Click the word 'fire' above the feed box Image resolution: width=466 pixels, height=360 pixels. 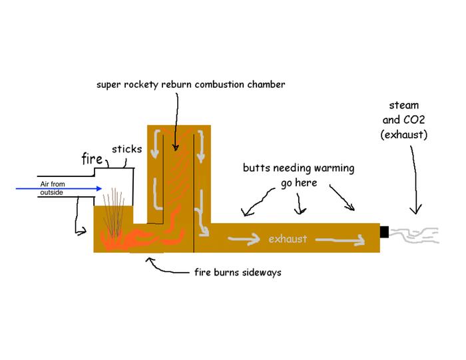point(92,159)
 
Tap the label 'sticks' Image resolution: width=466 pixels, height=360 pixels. point(126,149)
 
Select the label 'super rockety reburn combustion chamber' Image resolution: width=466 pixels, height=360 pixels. point(190,85)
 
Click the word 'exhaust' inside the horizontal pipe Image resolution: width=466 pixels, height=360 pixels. point(288,238)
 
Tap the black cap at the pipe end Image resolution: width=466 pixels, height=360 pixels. point(383,232)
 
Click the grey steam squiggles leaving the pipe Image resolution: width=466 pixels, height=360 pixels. point(413,235)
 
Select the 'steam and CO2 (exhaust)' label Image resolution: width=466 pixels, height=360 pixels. point(409,120)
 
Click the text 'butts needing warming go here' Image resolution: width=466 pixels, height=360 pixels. point(298,174)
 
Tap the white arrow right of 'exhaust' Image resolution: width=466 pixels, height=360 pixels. point(340,240)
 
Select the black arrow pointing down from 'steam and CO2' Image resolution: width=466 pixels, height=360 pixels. point(413,180)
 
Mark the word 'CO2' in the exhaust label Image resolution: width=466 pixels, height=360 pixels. point(419,120)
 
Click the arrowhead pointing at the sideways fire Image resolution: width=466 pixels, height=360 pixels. point(150,262)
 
